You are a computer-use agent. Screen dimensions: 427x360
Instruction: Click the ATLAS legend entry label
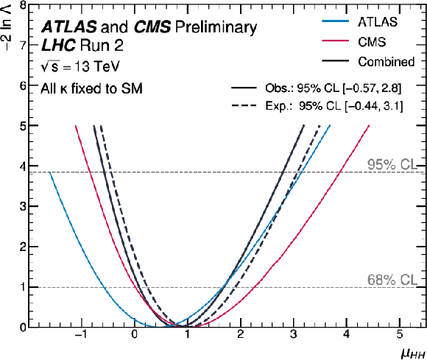point(378,22)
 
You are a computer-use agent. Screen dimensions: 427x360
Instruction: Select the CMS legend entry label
point(372,42)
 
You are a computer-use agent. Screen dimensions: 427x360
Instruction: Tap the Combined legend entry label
point(387,62)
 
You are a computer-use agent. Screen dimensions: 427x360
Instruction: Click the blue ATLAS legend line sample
point(335,21)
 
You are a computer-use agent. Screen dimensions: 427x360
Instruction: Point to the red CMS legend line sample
point(335,40)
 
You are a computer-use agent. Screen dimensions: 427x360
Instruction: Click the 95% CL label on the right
point(392,164)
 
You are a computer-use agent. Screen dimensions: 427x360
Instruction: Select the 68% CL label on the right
point(392,280)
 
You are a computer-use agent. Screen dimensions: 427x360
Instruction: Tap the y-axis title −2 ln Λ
point(7,25)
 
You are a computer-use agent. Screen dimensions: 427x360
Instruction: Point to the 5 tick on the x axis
point(399,334)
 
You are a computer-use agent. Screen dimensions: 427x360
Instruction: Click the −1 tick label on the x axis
point(80,334)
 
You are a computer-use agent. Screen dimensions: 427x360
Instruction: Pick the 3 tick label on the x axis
point(293,334)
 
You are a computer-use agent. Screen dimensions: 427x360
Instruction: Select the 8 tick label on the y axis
point(23,6)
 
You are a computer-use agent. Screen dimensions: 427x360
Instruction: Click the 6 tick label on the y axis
point(23,85)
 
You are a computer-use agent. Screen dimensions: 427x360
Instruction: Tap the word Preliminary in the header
point(216,27)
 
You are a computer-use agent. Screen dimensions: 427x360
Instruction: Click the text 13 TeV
point(96,66)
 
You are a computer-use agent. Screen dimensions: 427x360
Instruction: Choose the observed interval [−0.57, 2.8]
point(372,88)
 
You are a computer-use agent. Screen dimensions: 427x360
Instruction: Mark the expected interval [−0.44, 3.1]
point(374,106)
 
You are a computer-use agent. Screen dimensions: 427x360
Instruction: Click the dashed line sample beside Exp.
point(244,105)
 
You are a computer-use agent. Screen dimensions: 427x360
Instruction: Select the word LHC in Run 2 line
point(58,45)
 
